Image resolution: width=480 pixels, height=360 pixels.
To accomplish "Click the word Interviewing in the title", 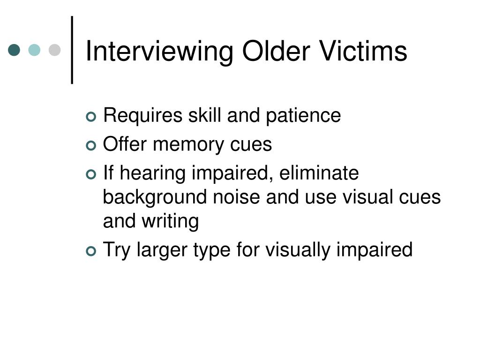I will [x=159, y=52].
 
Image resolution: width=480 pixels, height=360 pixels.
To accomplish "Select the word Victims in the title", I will [x=364, y=51].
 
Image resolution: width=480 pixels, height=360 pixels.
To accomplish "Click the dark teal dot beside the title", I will [x=15, y=50].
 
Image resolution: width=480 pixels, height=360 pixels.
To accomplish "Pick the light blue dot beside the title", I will [x=35, y=50].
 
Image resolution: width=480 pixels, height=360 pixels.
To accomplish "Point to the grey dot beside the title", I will [x=55, y=50].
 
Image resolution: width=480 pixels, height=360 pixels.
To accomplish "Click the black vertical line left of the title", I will [x=72, y=50].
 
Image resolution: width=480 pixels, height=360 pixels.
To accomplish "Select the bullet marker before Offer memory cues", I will [x=91, y=145].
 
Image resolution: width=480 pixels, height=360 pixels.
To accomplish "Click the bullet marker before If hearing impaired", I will [x=91, y=174].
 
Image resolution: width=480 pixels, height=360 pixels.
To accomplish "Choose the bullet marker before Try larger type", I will [x=91, y=251].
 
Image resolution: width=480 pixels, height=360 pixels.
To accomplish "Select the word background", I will [x=154, y=197].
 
